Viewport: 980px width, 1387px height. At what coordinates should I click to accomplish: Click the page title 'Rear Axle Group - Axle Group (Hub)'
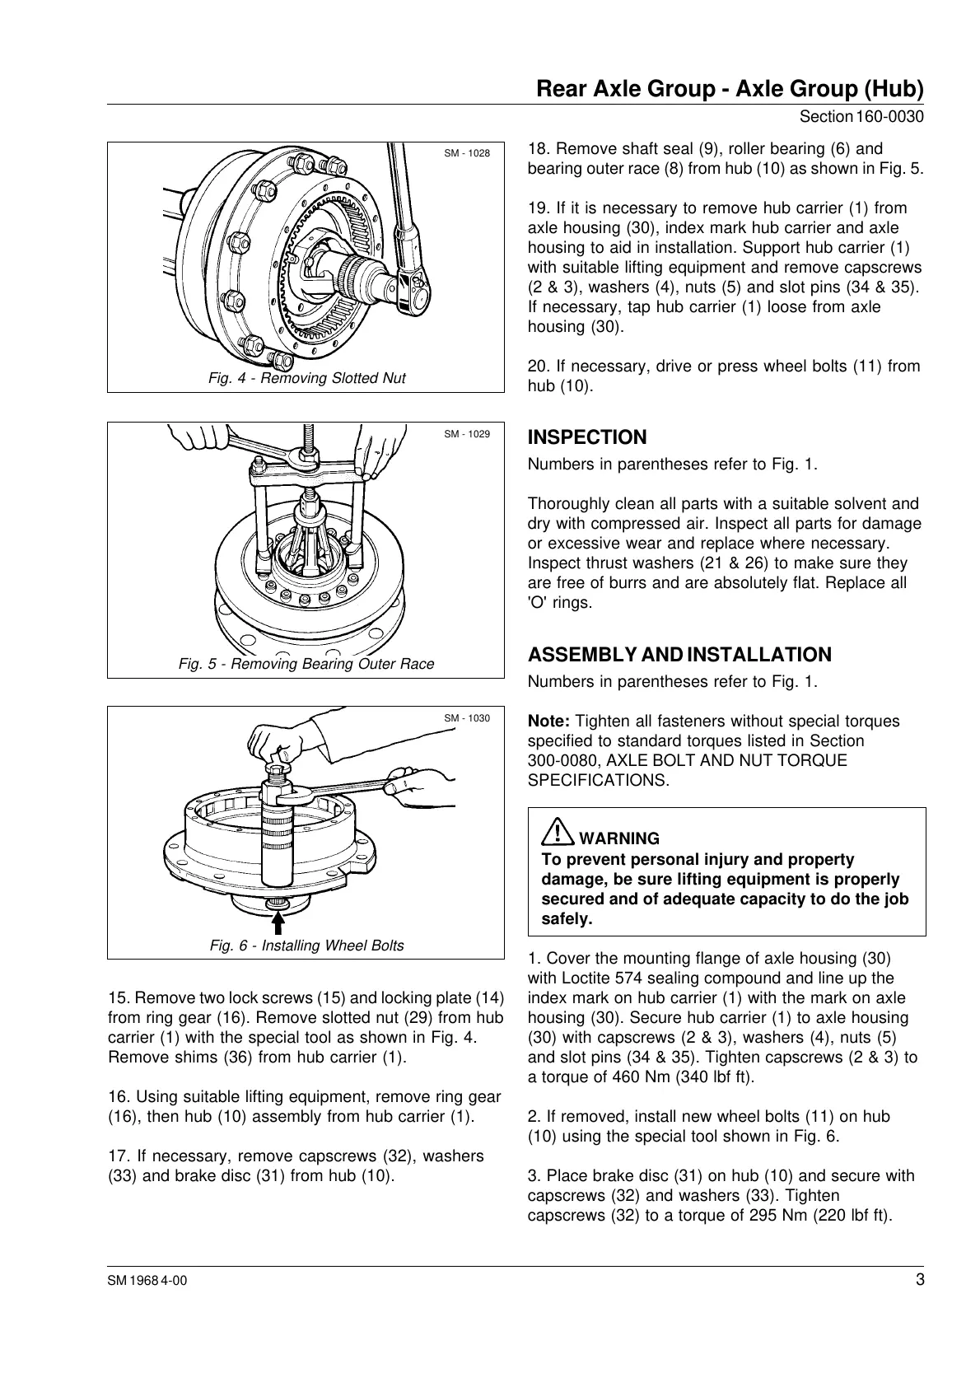[729, 88]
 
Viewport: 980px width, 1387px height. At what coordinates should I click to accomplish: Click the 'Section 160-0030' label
[861, 117]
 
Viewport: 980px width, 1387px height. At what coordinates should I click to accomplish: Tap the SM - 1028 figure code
[467, 153]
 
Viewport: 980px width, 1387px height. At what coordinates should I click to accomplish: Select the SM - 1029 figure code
[467, 434]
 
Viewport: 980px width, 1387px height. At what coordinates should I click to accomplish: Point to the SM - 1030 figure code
[467, 718]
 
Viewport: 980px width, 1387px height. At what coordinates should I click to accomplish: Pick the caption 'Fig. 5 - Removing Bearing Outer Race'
[306, 664]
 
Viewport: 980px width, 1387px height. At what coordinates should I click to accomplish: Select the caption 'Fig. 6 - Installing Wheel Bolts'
[306, 946]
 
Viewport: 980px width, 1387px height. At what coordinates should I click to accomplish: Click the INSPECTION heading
[586, 437]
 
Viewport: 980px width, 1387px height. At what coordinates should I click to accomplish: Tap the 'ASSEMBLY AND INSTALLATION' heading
[679, 655]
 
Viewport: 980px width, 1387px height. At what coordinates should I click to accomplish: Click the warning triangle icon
[558, 832]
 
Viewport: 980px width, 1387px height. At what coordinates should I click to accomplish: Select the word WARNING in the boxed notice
[619, 838]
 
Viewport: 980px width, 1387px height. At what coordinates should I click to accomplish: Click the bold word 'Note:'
[548, 721]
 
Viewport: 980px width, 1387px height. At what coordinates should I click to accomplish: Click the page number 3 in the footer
[919, 1280]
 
